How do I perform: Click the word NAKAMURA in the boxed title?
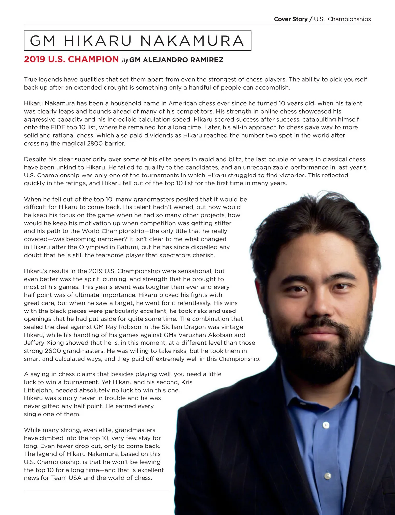point(192,41)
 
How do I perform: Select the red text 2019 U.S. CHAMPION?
point(71,59)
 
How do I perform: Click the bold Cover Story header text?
point(290,19)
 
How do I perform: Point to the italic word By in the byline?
point(125,60)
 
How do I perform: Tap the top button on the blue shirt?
point(326,425)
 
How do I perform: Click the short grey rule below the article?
point(97,491)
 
